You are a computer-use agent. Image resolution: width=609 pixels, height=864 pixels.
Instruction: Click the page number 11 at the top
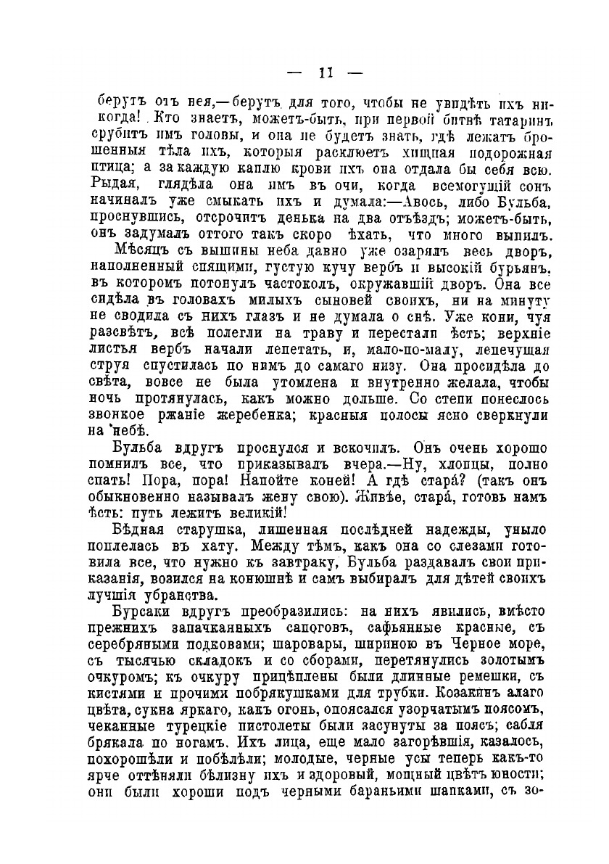tap(324, 73)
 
